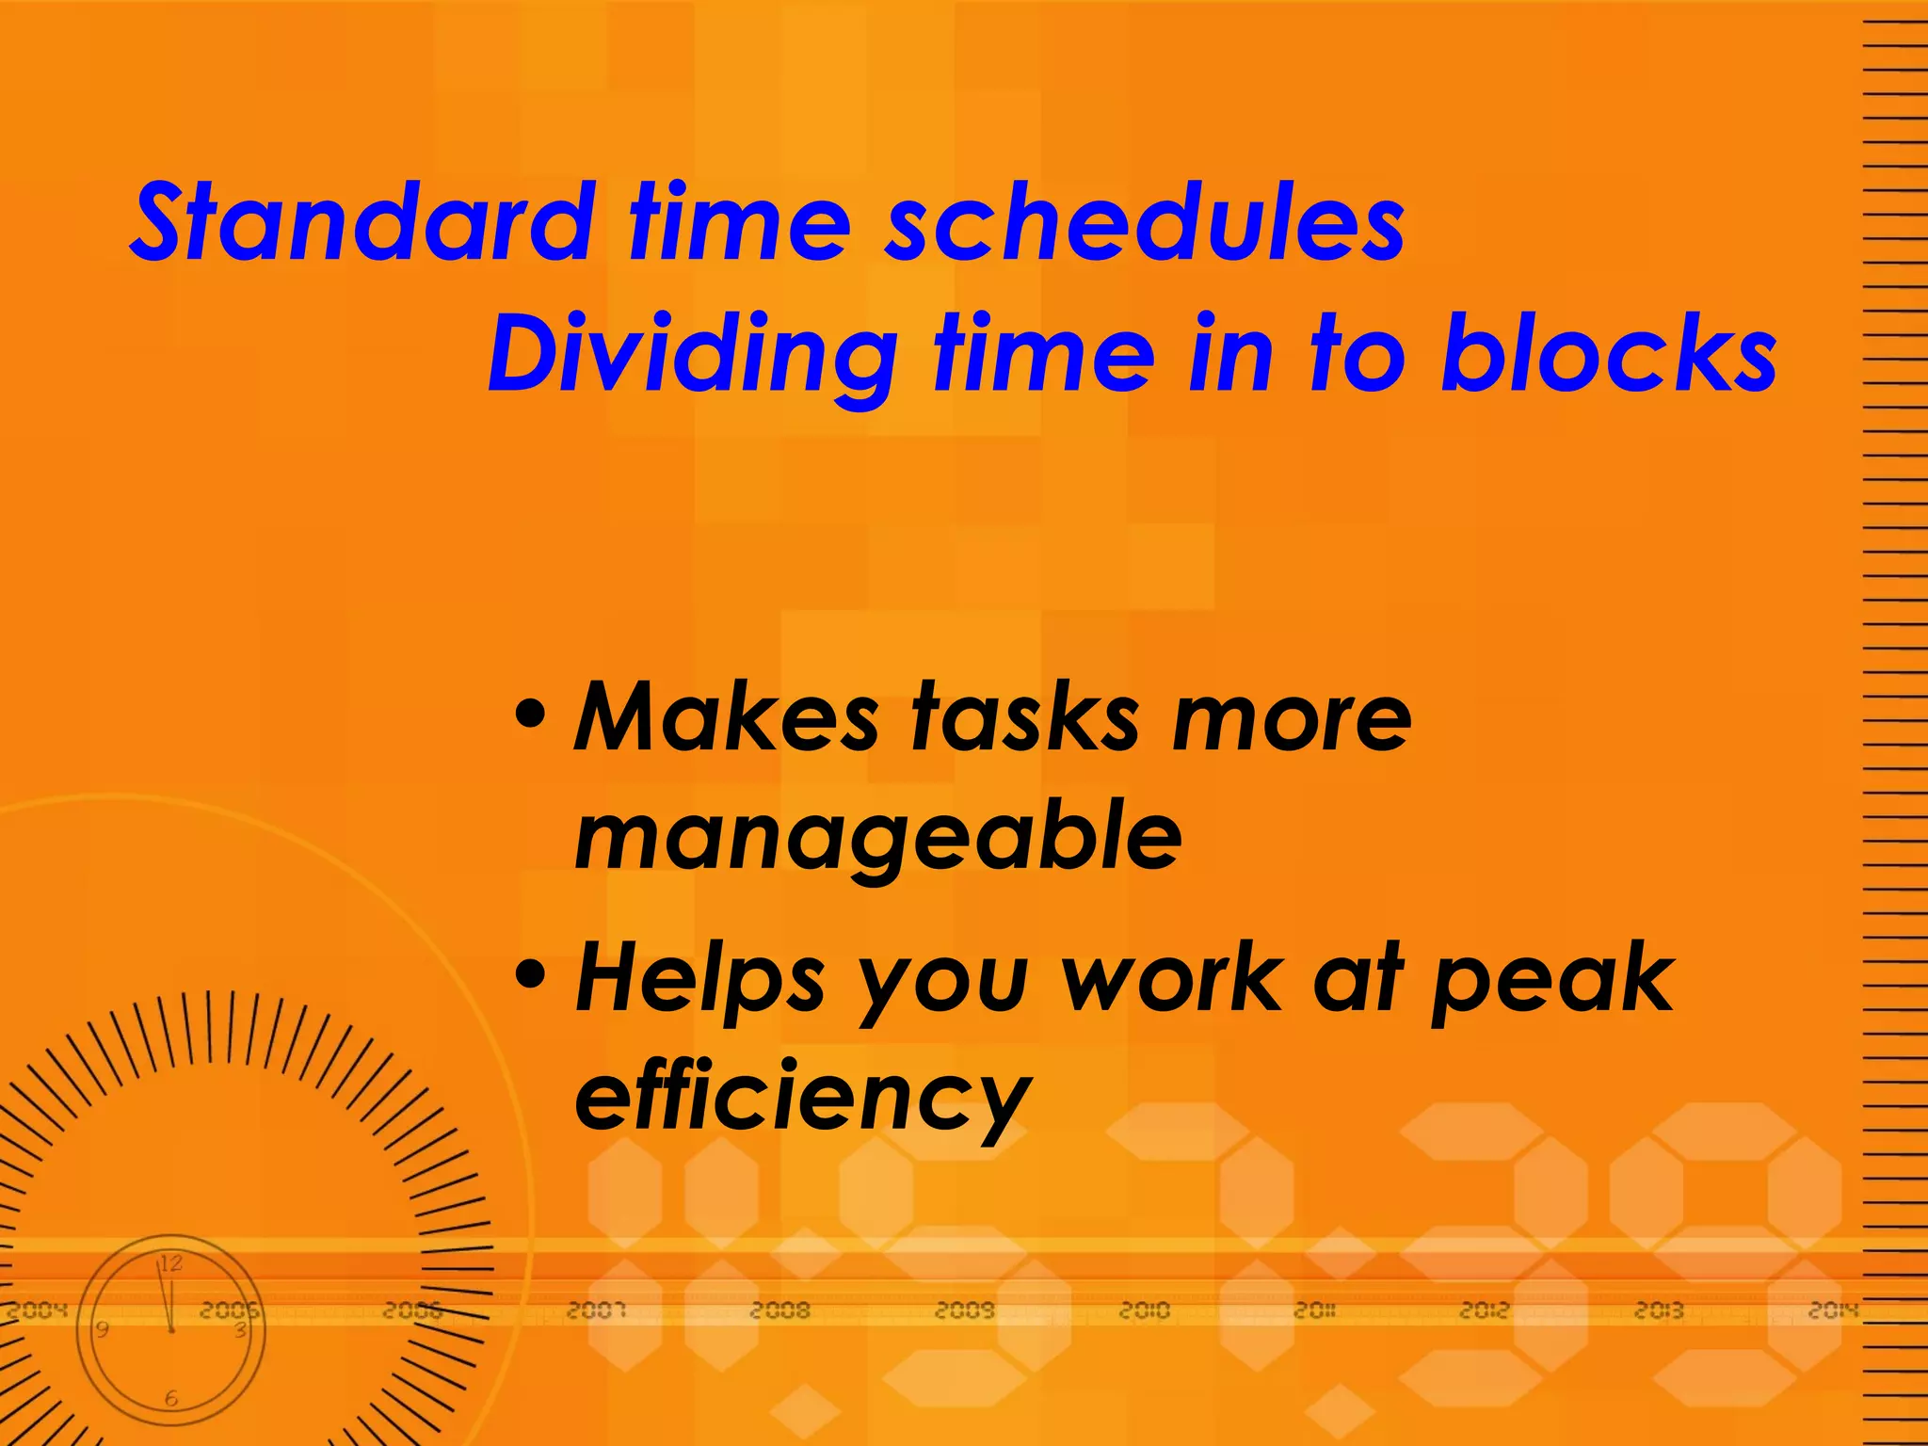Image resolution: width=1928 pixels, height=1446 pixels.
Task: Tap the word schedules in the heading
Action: [1144, 223]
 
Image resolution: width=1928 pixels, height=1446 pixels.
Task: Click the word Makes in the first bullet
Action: [726, 718]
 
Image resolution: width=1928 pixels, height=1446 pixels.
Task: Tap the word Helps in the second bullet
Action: [700, 981]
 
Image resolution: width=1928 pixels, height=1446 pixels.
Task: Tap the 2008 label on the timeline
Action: [779, 1309]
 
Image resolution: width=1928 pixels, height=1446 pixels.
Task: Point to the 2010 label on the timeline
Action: [1144, 1309]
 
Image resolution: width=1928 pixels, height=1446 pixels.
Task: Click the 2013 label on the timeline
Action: [1659, 1309]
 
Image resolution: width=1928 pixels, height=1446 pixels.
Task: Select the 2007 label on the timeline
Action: [596, 1309]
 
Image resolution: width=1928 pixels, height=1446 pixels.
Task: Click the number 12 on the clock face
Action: [170, 1263]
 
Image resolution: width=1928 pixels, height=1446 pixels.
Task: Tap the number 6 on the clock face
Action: [171, 1399]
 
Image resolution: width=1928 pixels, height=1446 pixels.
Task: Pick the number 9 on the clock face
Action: [102, 1329]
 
